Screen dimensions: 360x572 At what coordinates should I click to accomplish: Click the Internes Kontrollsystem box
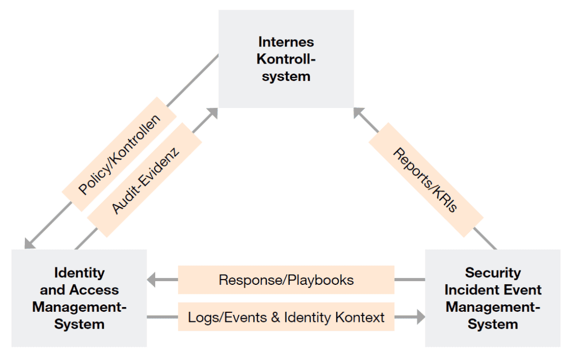tap(286, 59)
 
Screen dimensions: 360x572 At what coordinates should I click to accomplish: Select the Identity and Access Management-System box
tap(79, 298)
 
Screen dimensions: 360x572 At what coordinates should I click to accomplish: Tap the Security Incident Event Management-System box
tap(493, 298)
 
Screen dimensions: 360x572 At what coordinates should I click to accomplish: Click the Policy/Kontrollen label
tap(119, 154)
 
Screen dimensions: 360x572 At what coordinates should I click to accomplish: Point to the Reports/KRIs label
tap(425, 180)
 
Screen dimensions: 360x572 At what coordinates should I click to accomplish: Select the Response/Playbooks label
tap(286, 280)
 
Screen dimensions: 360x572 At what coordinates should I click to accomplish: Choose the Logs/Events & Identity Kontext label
tap(286, 317)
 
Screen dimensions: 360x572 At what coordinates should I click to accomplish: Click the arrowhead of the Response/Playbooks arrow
tap(152, 280)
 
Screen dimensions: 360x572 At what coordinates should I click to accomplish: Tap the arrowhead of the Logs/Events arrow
tap(421, 317)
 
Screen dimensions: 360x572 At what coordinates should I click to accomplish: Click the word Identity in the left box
tap(79, 273)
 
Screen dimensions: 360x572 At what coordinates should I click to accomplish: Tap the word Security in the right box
tap(493, 273)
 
